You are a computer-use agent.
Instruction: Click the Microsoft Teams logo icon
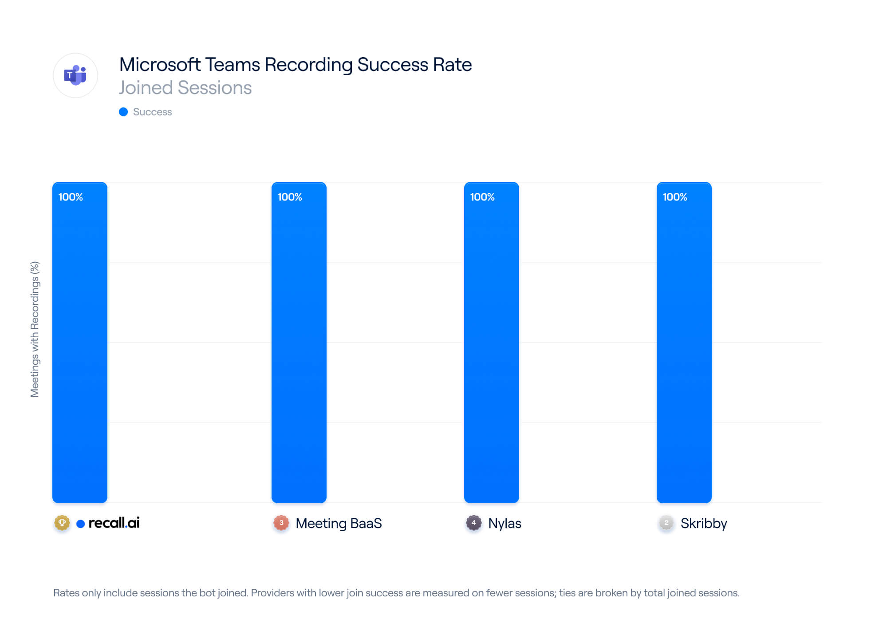click(x=75, y=75)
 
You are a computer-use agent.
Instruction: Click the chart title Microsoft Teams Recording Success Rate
click(x=296, y=65)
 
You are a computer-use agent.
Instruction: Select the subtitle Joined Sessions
click(x=185, y=88)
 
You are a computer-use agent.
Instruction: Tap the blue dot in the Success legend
click(x=123, y=112)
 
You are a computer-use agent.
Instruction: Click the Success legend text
click(x=152, y=112)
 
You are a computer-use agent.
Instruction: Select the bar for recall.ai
click(x=80, y=343)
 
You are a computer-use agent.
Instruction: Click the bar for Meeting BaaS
click(x=299, y=343)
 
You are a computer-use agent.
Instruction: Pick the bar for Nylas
click(x=492, y=343)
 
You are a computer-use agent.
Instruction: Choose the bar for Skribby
click(x=684, y=343)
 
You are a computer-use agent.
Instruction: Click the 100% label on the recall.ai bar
click(x=71, y=197)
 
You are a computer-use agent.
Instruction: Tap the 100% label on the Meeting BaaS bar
click(x=290, y=197)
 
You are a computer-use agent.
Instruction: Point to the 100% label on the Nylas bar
click(x=482, y=197)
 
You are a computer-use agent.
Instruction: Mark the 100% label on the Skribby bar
click(x=675, y=197)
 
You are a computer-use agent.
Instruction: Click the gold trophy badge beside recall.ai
click(x=62, y=523)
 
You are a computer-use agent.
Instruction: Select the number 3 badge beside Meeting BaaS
click(x=281, y=523)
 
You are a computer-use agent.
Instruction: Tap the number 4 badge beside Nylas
click(x=474, y=523)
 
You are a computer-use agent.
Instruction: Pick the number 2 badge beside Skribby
click(x=666, y=523)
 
